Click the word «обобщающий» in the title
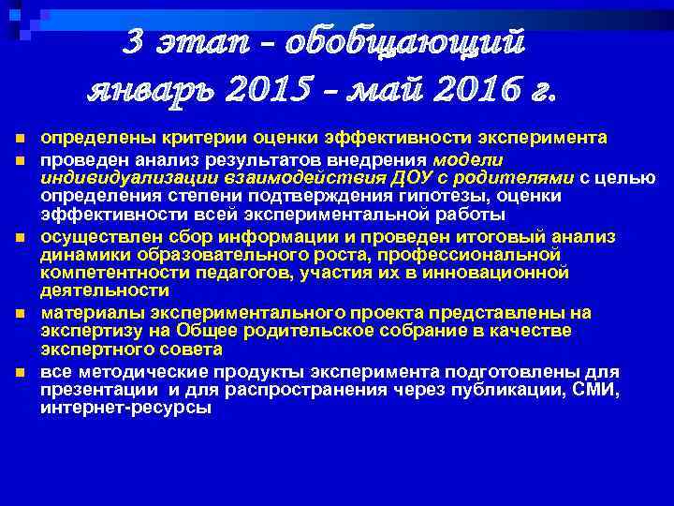(x=404, y=42)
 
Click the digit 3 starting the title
(x=137, y=42)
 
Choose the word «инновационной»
(x=499, y=272)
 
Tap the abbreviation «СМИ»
(x=596, y=389)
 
